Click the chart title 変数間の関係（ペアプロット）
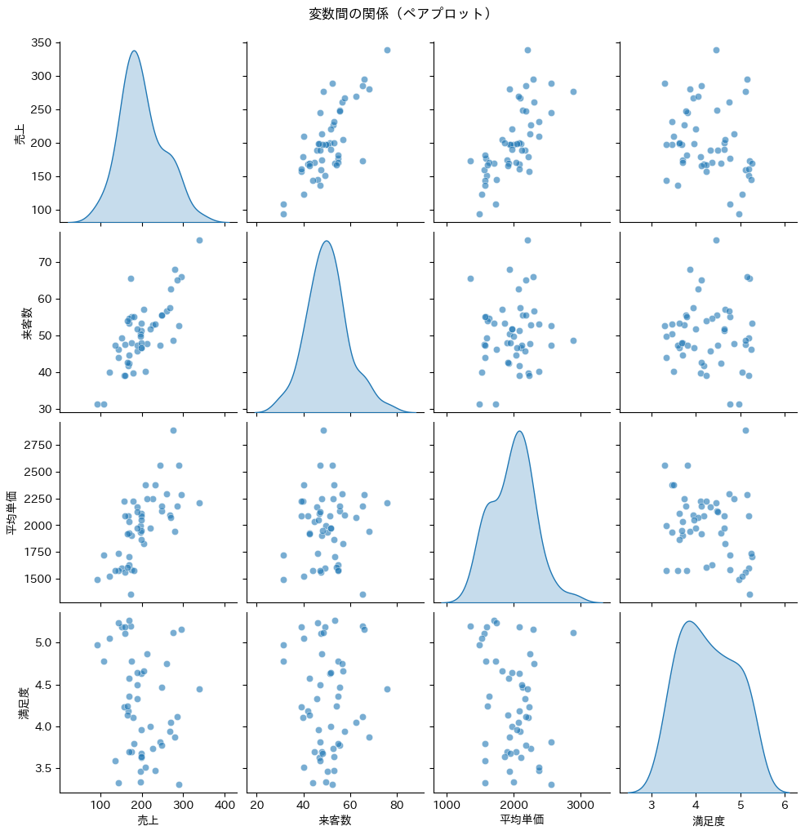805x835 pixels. (x=402, y=14)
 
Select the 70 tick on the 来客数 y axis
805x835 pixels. (x=44, y=262)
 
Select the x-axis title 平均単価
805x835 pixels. (x=521, y=820)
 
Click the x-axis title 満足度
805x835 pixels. (x=708, y=820)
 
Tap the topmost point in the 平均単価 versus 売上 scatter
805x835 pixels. (x=173, y=430)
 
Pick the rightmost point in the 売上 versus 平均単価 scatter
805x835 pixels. (x=573, y=91)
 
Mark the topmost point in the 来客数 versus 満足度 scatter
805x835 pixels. (x=716, y=240)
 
